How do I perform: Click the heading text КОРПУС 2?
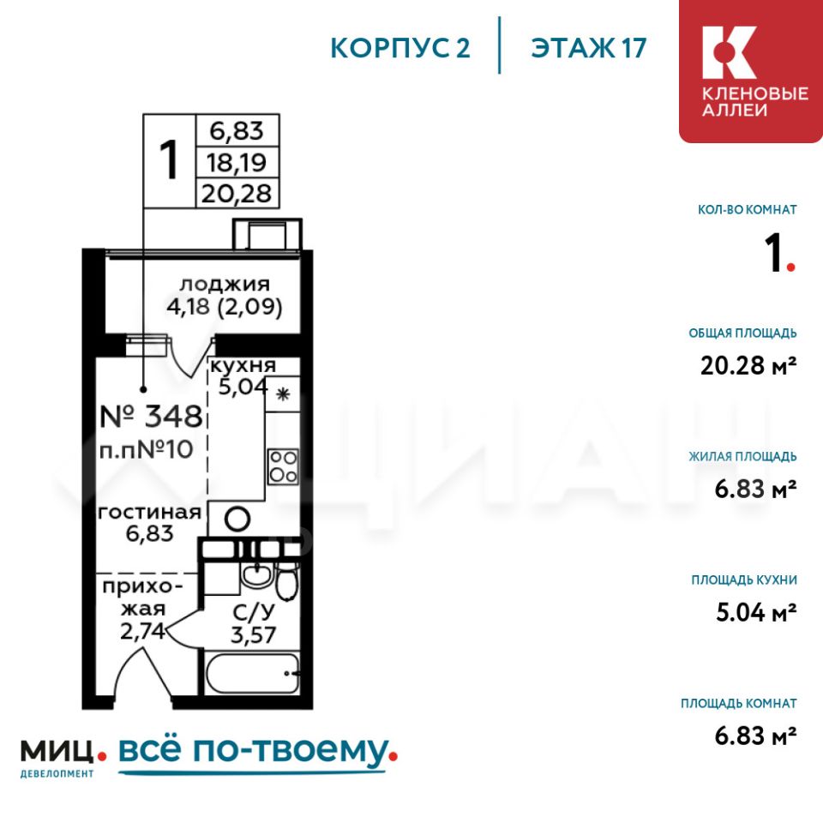[x=400, y=48]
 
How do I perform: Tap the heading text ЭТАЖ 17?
[x=588, y=48]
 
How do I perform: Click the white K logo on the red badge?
[x=729, y=52]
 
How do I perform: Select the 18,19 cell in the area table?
[x=237, y=162]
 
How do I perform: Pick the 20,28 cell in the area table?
[x=237, y=193]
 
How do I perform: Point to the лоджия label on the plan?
[x=225, y=285]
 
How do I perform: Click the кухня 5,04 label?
[x=243, y=375]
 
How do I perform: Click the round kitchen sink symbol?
[x=237, y=520]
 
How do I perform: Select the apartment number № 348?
[x=151, y=417]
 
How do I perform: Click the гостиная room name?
[x=149, y=513]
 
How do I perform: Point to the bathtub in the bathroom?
[x=252, y=674]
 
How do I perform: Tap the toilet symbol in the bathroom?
[x=287, y=581]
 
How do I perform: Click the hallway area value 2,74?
[x=142, y=631]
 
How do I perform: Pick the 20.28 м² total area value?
[x=748, y=365]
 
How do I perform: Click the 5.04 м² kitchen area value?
[x=756, y=612]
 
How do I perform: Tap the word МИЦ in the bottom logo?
[x=57, y=752]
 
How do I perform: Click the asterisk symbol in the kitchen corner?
[x=283, y=394]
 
